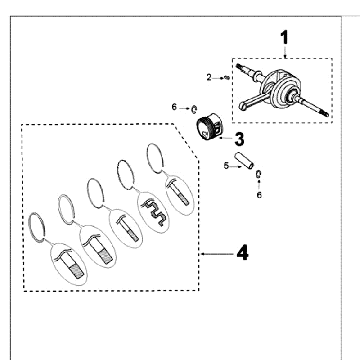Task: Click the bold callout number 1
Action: [x=284, y=38]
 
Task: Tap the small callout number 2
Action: [x=209, y=78]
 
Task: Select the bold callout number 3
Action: [x=239, y=139]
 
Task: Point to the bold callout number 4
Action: [x=242, y=253]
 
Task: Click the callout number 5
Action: [x=226, y=166]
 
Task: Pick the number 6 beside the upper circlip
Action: [x=174, y=107]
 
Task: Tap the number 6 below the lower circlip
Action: [x=259, y=195]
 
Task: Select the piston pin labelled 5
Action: [x=244, y=160]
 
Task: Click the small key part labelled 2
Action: [x=227, y=78]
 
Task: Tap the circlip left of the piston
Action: [x=194, y=109]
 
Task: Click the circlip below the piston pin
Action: [x=259, y=174]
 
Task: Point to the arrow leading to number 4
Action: [x=217, y=254]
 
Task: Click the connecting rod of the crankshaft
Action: [x=253, y=100]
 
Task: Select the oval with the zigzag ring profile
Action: [x=153, y=212]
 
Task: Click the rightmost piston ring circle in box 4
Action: [x=155, y=158]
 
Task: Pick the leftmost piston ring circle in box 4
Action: [x=36, y=227]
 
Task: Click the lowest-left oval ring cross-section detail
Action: [x=69, y=264]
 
